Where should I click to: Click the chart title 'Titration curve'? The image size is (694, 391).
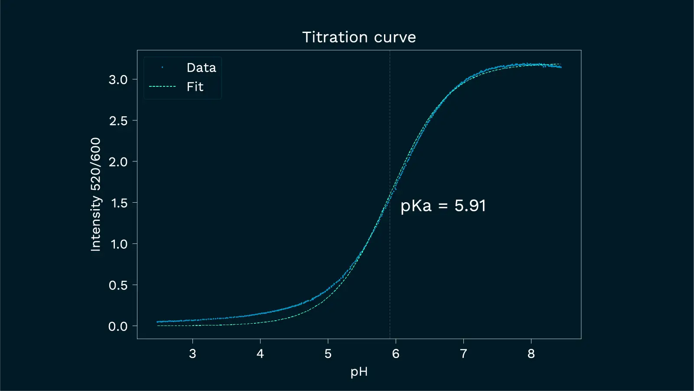pos(359,37)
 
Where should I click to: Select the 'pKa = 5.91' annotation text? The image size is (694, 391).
pos(443,206)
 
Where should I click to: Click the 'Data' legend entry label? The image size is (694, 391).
pos(201,68)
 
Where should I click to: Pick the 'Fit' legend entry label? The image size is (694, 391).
pos(195,87)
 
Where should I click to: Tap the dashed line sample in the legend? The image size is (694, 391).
pos(163,87)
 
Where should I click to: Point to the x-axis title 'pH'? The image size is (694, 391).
pos(359,372)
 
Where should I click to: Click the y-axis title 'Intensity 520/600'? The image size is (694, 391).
pos(95,194)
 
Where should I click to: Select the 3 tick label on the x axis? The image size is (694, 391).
pos(192,354)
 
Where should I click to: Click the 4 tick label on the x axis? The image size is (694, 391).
pos(260,354)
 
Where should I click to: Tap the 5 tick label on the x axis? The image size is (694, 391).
pos(328,354)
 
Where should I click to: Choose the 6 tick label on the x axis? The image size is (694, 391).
pos(396,354)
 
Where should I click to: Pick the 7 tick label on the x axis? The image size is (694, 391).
pos(463,354)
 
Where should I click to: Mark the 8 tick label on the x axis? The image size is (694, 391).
pos(531,354)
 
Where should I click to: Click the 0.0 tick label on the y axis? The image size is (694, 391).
pos(118,326)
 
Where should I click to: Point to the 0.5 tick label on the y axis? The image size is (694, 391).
pos(118,285)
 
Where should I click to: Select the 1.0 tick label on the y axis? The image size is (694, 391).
pos(118,244)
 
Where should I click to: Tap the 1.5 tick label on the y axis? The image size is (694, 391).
pos(118,203)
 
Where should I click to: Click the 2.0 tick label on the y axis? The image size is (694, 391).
pos(118,162)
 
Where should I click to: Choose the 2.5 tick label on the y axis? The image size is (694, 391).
pos(118,121)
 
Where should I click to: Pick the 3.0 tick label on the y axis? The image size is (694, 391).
pos(118,79)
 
